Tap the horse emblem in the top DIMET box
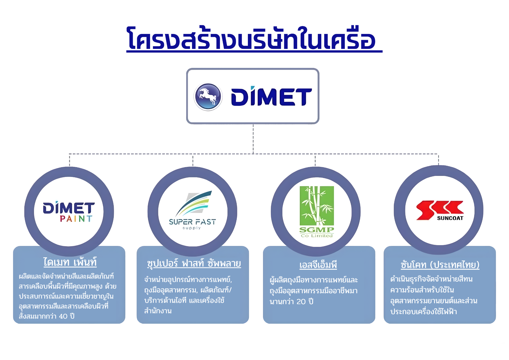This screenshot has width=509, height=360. (x=208, y=97)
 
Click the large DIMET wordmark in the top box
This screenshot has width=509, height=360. (x=271, y=97)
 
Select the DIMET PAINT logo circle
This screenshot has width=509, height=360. (x=69, y=211)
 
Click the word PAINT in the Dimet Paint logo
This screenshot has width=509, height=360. (x=76, y=219)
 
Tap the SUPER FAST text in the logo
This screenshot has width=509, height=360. (x=192, y=222)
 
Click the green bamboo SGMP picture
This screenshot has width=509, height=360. (x=317, y=206)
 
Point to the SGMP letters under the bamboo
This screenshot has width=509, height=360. (x=317, y=230)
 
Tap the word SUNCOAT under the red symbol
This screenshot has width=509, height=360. (x=450, y=218)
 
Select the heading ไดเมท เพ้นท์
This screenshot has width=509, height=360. (x=70, y=262)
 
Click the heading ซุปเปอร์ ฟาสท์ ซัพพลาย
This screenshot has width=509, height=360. (x=194, y=263)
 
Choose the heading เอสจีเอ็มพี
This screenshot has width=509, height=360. (x=318, y=265)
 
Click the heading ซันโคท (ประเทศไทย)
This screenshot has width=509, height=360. (x=440, y=265)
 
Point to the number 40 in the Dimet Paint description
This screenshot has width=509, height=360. (x=63, y=316)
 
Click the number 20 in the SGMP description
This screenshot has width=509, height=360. (x=301, y=302)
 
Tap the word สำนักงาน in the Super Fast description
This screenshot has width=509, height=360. (x=158, y=311)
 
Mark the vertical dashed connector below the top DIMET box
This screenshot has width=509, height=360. (x=253, y=139)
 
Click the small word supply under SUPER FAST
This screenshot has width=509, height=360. (x=192, y=228)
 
